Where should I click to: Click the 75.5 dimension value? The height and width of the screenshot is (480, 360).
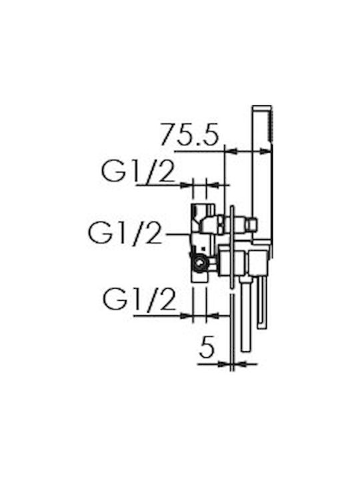190,134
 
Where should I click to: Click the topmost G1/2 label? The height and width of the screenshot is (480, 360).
139,171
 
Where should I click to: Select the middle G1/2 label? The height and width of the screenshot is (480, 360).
125,233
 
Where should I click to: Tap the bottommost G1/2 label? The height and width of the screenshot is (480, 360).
139,299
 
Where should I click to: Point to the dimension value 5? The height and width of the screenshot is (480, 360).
207,347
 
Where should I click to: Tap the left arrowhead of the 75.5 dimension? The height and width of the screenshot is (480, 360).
231,151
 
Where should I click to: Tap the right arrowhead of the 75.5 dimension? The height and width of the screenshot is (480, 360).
265,151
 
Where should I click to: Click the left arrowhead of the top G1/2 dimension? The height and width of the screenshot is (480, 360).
187,185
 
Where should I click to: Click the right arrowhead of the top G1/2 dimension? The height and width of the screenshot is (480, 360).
213,185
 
